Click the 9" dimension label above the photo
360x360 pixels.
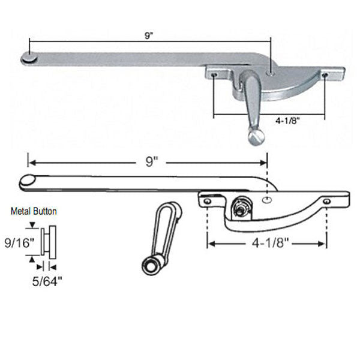tap(148, 35)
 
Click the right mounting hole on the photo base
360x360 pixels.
tap(324, 76)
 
